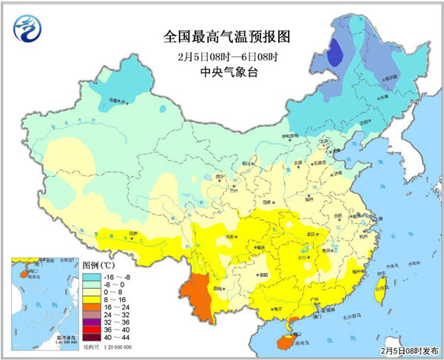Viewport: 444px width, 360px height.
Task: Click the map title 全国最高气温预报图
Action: (x=221, y=35)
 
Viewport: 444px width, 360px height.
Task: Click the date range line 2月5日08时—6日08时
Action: (x=221, y=56)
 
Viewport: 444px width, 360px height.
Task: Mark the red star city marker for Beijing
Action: (x=323, y=144)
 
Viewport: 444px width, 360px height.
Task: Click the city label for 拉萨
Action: (x=133, y=233)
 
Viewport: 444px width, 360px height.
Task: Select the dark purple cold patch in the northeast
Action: (x=335, y=53)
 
